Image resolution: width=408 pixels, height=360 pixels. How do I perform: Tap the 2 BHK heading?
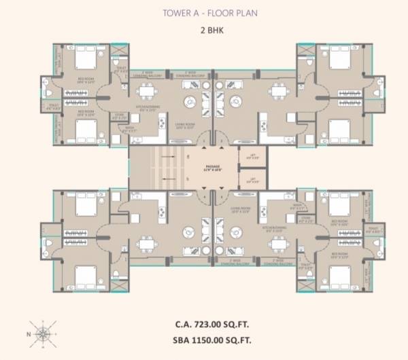pos(204,31)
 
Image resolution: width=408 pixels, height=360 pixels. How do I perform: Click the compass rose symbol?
pos(42,334)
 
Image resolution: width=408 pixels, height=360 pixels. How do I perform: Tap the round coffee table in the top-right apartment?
pos(235,101)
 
